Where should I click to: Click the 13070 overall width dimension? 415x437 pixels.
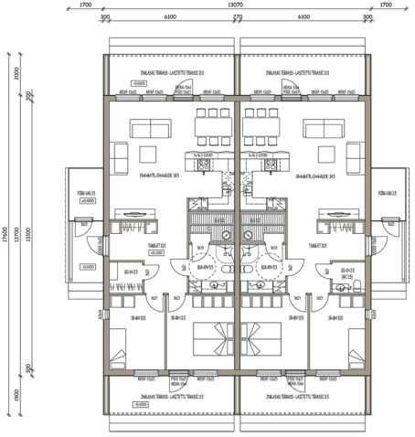click(236, 5)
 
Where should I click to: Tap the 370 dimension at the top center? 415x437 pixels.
click(237, 17)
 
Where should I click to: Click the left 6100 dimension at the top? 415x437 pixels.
click(170, 17)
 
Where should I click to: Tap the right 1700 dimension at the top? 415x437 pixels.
click(385, 5)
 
